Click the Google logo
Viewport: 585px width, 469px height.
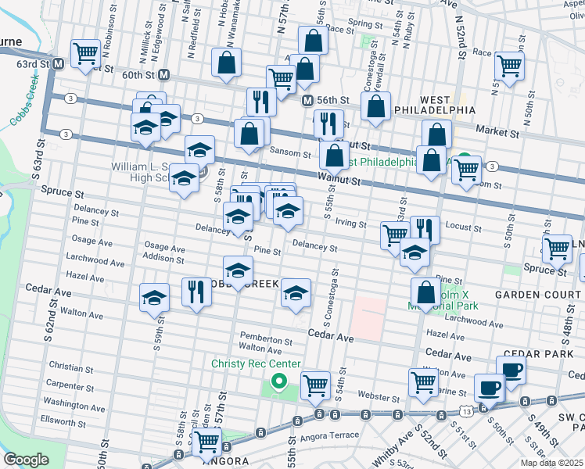click(25, 459)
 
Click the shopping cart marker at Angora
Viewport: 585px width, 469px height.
click(207, 442)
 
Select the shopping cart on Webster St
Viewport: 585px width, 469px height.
click(314, 384)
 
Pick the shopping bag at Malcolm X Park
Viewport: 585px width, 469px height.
click(426, 292)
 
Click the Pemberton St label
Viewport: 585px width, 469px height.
click(266, 341)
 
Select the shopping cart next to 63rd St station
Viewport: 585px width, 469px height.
click(85, 53)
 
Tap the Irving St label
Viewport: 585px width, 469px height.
click(350, 224)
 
